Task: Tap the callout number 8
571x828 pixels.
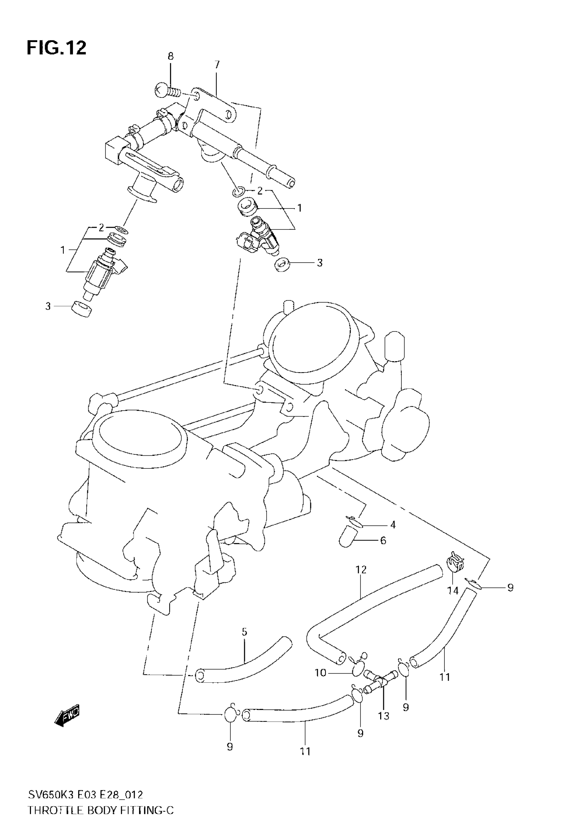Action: coord(171,56)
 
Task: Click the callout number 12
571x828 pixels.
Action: coord(361,569)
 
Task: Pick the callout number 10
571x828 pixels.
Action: coord(320,673)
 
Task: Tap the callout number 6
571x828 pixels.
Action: coord(383,540)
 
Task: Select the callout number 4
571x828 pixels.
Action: coord(393,525)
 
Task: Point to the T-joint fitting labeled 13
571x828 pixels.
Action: coord(380,678)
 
